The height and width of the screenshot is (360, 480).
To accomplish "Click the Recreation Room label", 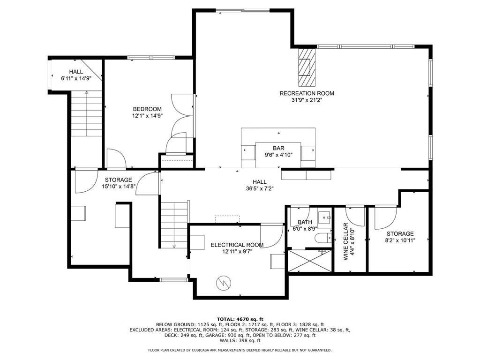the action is pos(307,93).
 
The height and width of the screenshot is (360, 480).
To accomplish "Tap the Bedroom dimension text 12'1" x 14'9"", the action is pos(147,116).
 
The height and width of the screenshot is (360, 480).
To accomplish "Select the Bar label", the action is pos(278,149).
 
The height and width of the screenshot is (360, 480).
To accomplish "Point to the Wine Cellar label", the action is pos(345,241).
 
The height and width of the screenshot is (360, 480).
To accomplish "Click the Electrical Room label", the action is pos(237,245).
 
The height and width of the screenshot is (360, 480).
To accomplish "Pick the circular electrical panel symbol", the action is pos(224,283).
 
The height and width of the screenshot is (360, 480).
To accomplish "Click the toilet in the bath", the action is pos(323,238).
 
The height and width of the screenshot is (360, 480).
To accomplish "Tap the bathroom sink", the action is pos(324,217).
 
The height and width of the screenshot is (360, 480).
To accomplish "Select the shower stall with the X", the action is pos(310,261).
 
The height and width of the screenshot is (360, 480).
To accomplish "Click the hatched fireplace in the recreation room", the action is pos(307,67).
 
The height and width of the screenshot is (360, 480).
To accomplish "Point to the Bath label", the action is pos(305,222).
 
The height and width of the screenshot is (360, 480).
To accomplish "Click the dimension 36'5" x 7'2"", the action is pos(260,188).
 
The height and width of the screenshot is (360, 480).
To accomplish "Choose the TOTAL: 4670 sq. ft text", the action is pos(240,319).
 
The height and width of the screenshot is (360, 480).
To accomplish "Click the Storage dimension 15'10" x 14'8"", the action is pos(119,186).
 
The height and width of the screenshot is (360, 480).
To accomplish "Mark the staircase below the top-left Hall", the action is pos(87,113).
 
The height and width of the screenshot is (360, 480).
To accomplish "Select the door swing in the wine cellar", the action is pos(355,217).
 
